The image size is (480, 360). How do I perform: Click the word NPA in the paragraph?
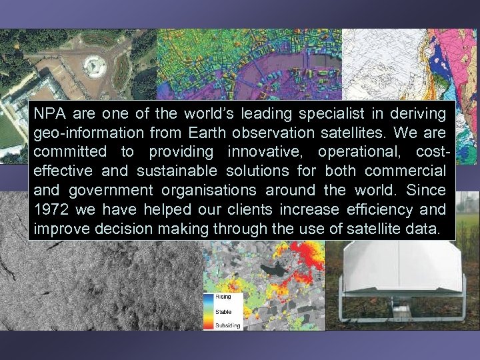[x=49, y=113]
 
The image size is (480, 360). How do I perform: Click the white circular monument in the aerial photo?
[x=95, y=65]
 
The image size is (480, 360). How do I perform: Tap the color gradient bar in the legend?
[x=208, y=312]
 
